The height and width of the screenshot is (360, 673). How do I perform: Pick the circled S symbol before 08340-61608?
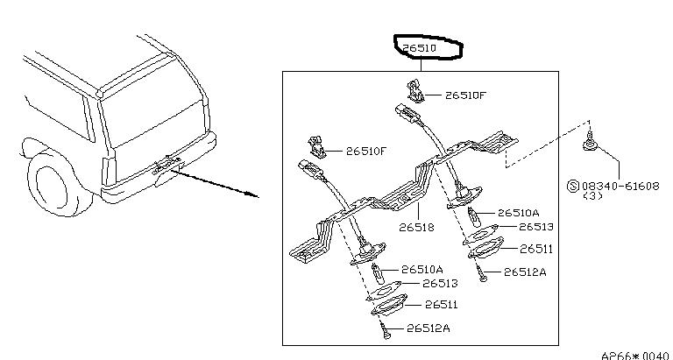[574, 187]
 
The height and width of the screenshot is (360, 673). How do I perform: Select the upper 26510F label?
[465, 95]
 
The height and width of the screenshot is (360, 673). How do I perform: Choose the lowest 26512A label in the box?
[429, 328]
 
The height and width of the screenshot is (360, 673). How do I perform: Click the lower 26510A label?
[422, 270]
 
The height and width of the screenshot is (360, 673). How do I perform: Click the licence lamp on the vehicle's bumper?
[165, 165]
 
